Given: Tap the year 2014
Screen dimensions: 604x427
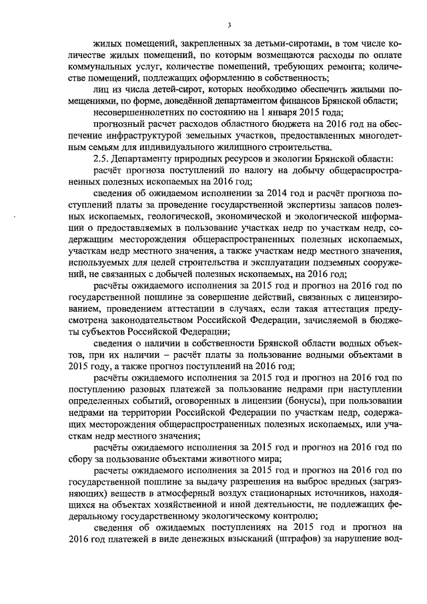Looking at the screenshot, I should click(x=248, y=195).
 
